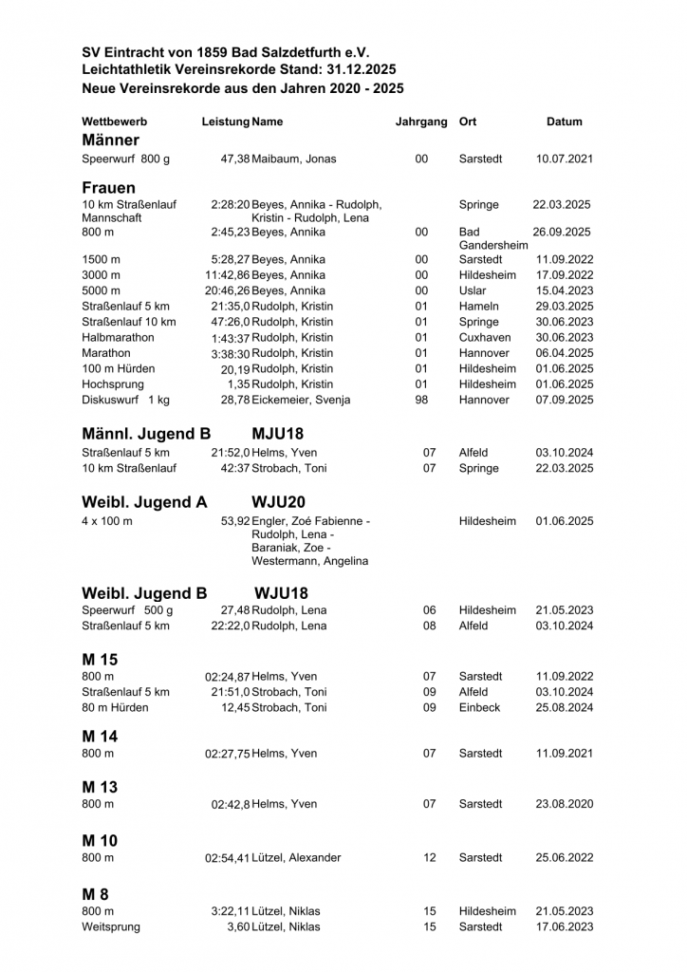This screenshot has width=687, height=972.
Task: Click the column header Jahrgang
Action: pos(421,121)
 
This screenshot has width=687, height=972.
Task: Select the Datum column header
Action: pos(565,121)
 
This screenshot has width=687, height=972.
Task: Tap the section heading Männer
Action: pos(111,140)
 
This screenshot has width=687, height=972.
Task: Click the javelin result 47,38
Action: pos(235,159)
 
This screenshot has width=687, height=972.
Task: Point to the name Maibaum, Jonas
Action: pos(294,159)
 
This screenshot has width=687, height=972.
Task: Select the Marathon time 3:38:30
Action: pos(231,353)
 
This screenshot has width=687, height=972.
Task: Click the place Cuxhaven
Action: pos(485,337)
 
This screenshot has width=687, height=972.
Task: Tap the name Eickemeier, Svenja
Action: pos(301,400)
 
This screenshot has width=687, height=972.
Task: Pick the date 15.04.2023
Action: pos(565,290)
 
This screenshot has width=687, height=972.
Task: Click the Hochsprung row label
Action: pos(113,383)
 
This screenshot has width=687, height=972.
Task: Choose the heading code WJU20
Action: pos(279,502)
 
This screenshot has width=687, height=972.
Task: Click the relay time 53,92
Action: pos(235,521)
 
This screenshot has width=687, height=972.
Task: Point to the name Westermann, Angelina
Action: pos(309,561)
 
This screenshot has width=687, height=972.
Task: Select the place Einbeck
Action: pos(479,707)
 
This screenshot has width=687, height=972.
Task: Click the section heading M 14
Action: pos(100,736)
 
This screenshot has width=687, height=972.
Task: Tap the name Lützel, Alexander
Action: pos(296,857)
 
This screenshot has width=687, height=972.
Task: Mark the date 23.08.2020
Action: pos(565,804)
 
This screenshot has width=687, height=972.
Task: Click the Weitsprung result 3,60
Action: pos(238,926)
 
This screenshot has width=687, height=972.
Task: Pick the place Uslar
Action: pos(473,290)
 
